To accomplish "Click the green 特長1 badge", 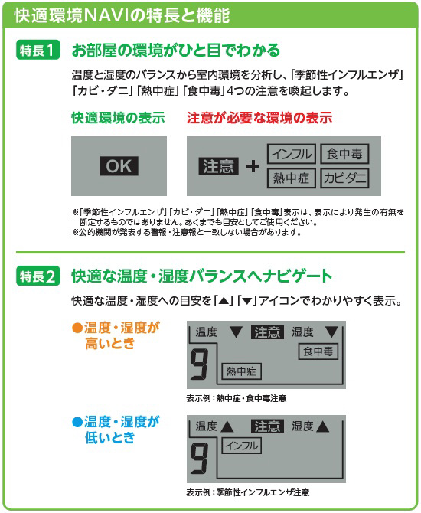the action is [x=38, y=50].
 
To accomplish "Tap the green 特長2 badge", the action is [x=38, y=276].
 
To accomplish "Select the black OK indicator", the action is [x=119, y=166].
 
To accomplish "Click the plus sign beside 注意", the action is [x=253, y=166].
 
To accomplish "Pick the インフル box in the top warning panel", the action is [x=292, y=154].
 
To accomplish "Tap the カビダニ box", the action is [x=344, y=178].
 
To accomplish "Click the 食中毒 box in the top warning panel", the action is [x=344, y=154].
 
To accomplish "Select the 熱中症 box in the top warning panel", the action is [x=292, y=178].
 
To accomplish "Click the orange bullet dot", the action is [x=77, y=328].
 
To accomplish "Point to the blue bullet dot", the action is [x=77, y=422].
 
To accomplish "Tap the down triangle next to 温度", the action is [x=237, y=332].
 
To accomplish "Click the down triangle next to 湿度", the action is [x=331, y=332].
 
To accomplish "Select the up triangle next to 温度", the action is [x=227, y=426].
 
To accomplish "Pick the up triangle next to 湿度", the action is [x=322, y=426].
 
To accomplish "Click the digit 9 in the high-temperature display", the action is [x=199, y=364].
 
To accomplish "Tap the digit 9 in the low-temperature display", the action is [x=199, y=459].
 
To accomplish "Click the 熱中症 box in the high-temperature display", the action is [x=241, y=371].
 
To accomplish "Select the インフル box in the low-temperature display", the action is [x=241, y=446].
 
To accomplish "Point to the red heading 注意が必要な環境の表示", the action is [x=259, y=118].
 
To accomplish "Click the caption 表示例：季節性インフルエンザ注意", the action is [x=248, y=492].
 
